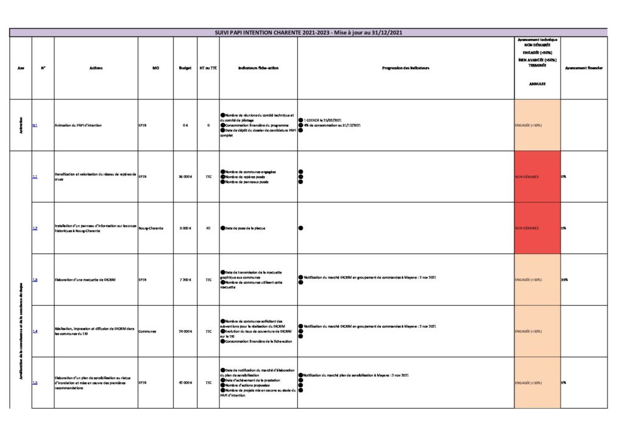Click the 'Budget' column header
(x=185, y=68)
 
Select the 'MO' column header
(x=155, y=68)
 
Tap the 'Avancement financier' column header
(x=583, y=68)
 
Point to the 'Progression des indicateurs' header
(x=405, y=68)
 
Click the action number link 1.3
(x=35, y=280)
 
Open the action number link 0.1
(x=35, y=125)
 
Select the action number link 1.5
(x=35, y=383)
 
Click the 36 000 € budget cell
(x=185, y=177)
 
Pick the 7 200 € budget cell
(x=186, y=280)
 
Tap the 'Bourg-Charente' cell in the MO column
(x=152, y=228)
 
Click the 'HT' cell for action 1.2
(x=208, y=228)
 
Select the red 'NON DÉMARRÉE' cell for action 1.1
(x=537, y=177)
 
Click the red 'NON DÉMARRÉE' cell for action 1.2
(x=537, y=228)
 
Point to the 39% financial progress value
(x=564, y=280)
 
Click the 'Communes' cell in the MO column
(x=147, y=331)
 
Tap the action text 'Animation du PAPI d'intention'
(x=77, y=125)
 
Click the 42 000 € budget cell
(x=185, y=383)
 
